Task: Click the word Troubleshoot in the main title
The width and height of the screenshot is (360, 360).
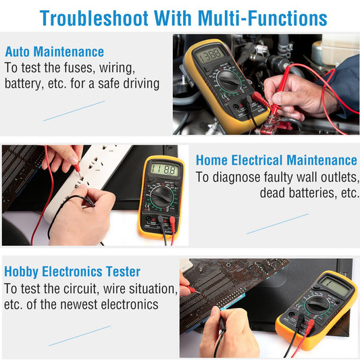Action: [94, 18]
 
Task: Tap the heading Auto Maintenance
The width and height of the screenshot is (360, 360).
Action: [55, 51]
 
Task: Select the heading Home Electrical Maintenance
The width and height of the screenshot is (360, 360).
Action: [276, 160]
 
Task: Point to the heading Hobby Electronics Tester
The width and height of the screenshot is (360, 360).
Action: [72, 272]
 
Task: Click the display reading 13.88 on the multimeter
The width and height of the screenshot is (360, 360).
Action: [210, 55]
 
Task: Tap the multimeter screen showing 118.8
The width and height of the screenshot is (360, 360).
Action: [164, 170]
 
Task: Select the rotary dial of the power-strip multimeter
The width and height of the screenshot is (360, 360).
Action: [162, 196]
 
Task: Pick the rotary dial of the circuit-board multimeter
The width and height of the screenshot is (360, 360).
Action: [317, 305]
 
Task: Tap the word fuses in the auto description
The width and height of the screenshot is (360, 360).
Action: [79, 68]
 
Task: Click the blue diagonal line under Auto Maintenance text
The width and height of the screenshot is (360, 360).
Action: [74, 111]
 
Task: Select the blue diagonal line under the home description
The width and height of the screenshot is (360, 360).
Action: [278, 224]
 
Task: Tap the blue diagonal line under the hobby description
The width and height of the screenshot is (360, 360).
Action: [80, 336]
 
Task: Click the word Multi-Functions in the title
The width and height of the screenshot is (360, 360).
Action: [263, 18]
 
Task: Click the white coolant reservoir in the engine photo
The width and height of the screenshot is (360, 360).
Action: [338, 51]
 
